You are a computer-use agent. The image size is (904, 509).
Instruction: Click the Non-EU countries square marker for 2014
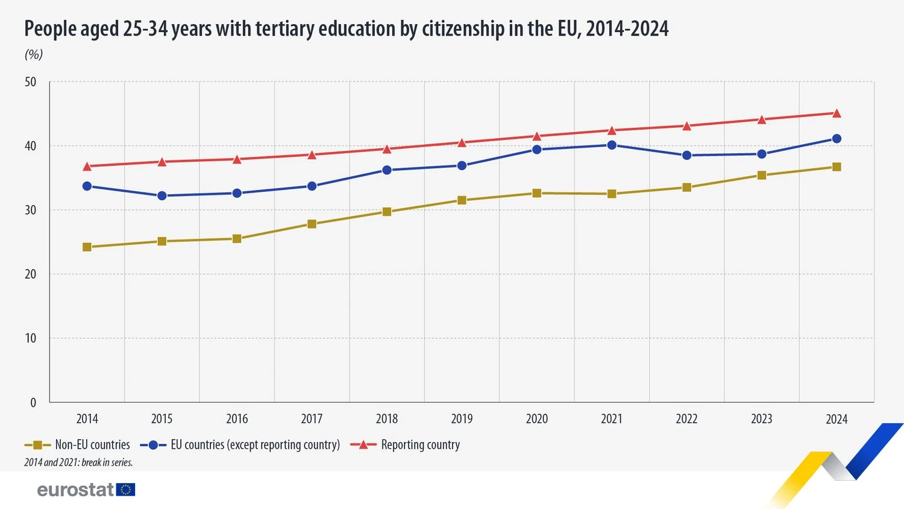coord(87,247)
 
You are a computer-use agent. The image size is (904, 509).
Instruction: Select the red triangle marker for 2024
coord(837,113)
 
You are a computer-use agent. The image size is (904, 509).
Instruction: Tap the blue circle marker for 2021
coord(612,145)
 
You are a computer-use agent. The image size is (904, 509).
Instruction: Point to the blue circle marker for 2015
coord(162,195)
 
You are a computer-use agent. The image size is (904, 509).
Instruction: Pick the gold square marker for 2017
coord(312,224)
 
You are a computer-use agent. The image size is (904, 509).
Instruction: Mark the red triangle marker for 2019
coord(462,143)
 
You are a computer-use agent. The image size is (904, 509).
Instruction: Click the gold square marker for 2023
coord(761,175)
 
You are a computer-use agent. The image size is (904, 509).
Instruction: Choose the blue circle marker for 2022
coord(686,155)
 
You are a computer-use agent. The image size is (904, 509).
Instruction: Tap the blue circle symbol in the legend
coord(153,445)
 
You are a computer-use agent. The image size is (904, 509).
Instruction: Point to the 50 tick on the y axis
coord(31,82)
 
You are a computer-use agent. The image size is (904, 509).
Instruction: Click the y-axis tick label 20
coord(31,274)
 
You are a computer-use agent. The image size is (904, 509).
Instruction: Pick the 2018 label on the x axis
coord(387,419)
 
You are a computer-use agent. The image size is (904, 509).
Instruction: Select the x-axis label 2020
coord(536,419)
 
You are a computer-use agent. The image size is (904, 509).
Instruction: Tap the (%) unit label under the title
coord(34,54)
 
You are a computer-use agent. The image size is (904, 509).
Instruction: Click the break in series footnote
coord(78,463)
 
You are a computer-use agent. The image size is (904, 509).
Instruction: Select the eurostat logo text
coord(75,489)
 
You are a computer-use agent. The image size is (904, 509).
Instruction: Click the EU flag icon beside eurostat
coord(126,489)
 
